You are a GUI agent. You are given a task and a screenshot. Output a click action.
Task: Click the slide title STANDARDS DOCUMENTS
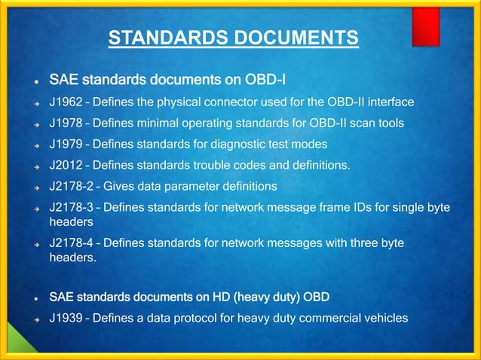point(233,37)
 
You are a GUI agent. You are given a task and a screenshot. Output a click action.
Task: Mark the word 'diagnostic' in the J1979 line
point(249,142)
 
